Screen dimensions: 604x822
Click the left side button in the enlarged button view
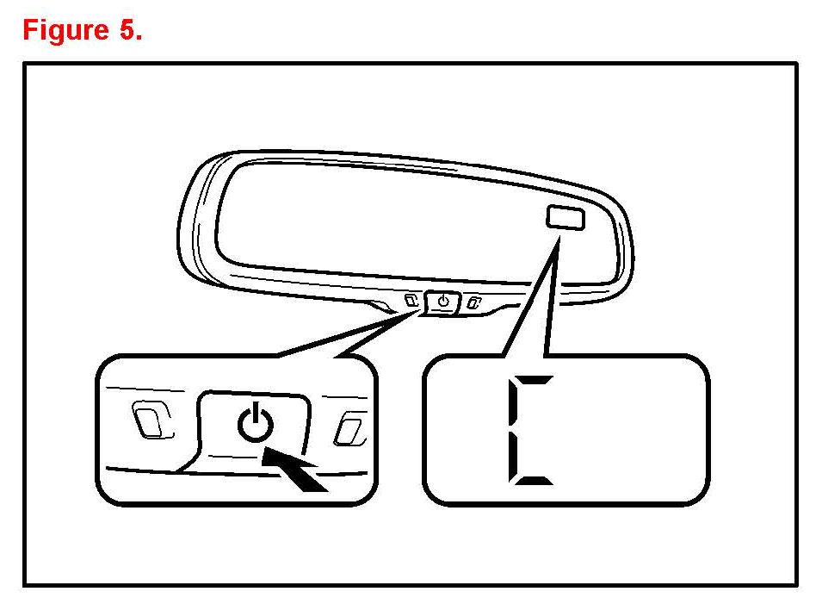[151, 419]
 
